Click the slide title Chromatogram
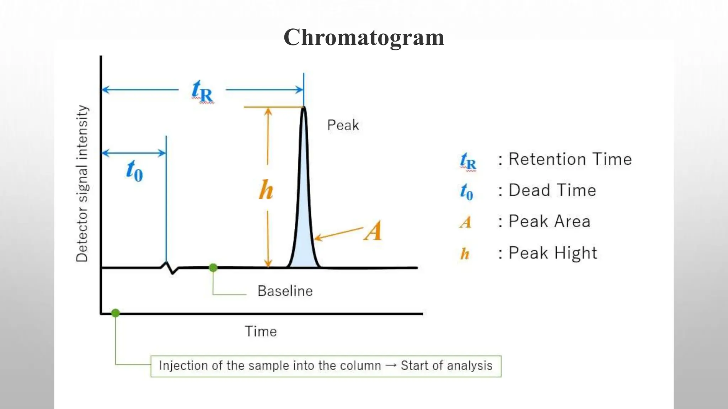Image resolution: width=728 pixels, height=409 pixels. tap(364, 37)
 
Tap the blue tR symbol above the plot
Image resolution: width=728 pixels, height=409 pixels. tap(202, 91)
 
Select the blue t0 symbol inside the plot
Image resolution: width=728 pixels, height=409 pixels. tap(135, 171)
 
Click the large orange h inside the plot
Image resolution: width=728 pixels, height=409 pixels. tap(266, 190)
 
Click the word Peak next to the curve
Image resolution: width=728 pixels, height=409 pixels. tap(343, 125)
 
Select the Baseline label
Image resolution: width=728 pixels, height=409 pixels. tap(285, 291)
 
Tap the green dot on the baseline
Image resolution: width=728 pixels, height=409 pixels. tap(213, 268)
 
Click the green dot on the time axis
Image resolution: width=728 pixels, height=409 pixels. tap(116, 313)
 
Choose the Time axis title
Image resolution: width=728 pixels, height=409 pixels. tap(261, 332)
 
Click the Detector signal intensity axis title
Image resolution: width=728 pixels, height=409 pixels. tap(82, 184)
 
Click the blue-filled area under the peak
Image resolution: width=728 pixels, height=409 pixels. tap(304, 231)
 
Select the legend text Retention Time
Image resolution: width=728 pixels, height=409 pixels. tap(570, 159)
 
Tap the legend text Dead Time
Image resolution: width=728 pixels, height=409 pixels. tap(552, 190)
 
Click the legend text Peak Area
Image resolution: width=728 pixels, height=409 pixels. tap(550, 222)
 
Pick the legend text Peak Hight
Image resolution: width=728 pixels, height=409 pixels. tap(553, 253)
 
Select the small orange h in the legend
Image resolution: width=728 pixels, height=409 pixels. tap(465, 254)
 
